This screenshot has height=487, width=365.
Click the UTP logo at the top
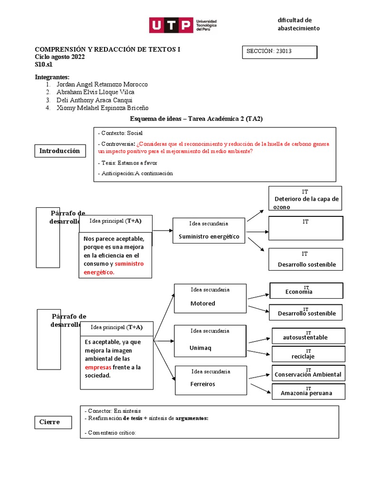(183, 25)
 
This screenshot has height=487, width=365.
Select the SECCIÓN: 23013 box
(279, 52)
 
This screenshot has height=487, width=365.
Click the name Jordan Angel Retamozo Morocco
(102, 84)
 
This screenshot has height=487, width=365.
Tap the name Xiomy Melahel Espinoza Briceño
(102, 108)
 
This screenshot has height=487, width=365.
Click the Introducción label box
(59, 151)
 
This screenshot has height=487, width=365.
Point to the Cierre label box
(54, 422)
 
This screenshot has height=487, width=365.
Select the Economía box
(306, 291)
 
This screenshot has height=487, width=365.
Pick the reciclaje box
(308, 354)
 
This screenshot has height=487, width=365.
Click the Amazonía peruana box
(308, 391)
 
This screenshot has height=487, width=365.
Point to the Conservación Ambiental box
(308, 373)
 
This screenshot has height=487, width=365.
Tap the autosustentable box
(308, 336)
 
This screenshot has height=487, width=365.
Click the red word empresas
(97, 367)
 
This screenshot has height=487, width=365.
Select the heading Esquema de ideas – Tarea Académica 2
(196, 119)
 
